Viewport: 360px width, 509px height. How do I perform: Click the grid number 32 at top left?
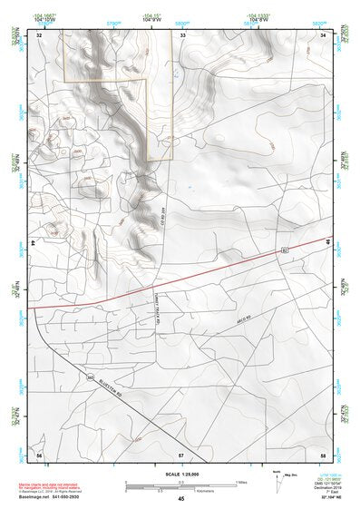(x=38, y=34)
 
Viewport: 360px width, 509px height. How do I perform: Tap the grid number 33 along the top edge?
(x=181, y=34)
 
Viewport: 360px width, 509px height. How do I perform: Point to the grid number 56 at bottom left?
(x=38, y=453)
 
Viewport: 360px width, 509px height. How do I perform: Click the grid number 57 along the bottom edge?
(x=181, y=453)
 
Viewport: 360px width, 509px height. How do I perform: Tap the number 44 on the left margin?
(x=33, y=243)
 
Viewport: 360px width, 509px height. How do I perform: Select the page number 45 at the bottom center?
(x=180, y=498)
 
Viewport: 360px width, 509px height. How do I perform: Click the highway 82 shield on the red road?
(x=283, y=248)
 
